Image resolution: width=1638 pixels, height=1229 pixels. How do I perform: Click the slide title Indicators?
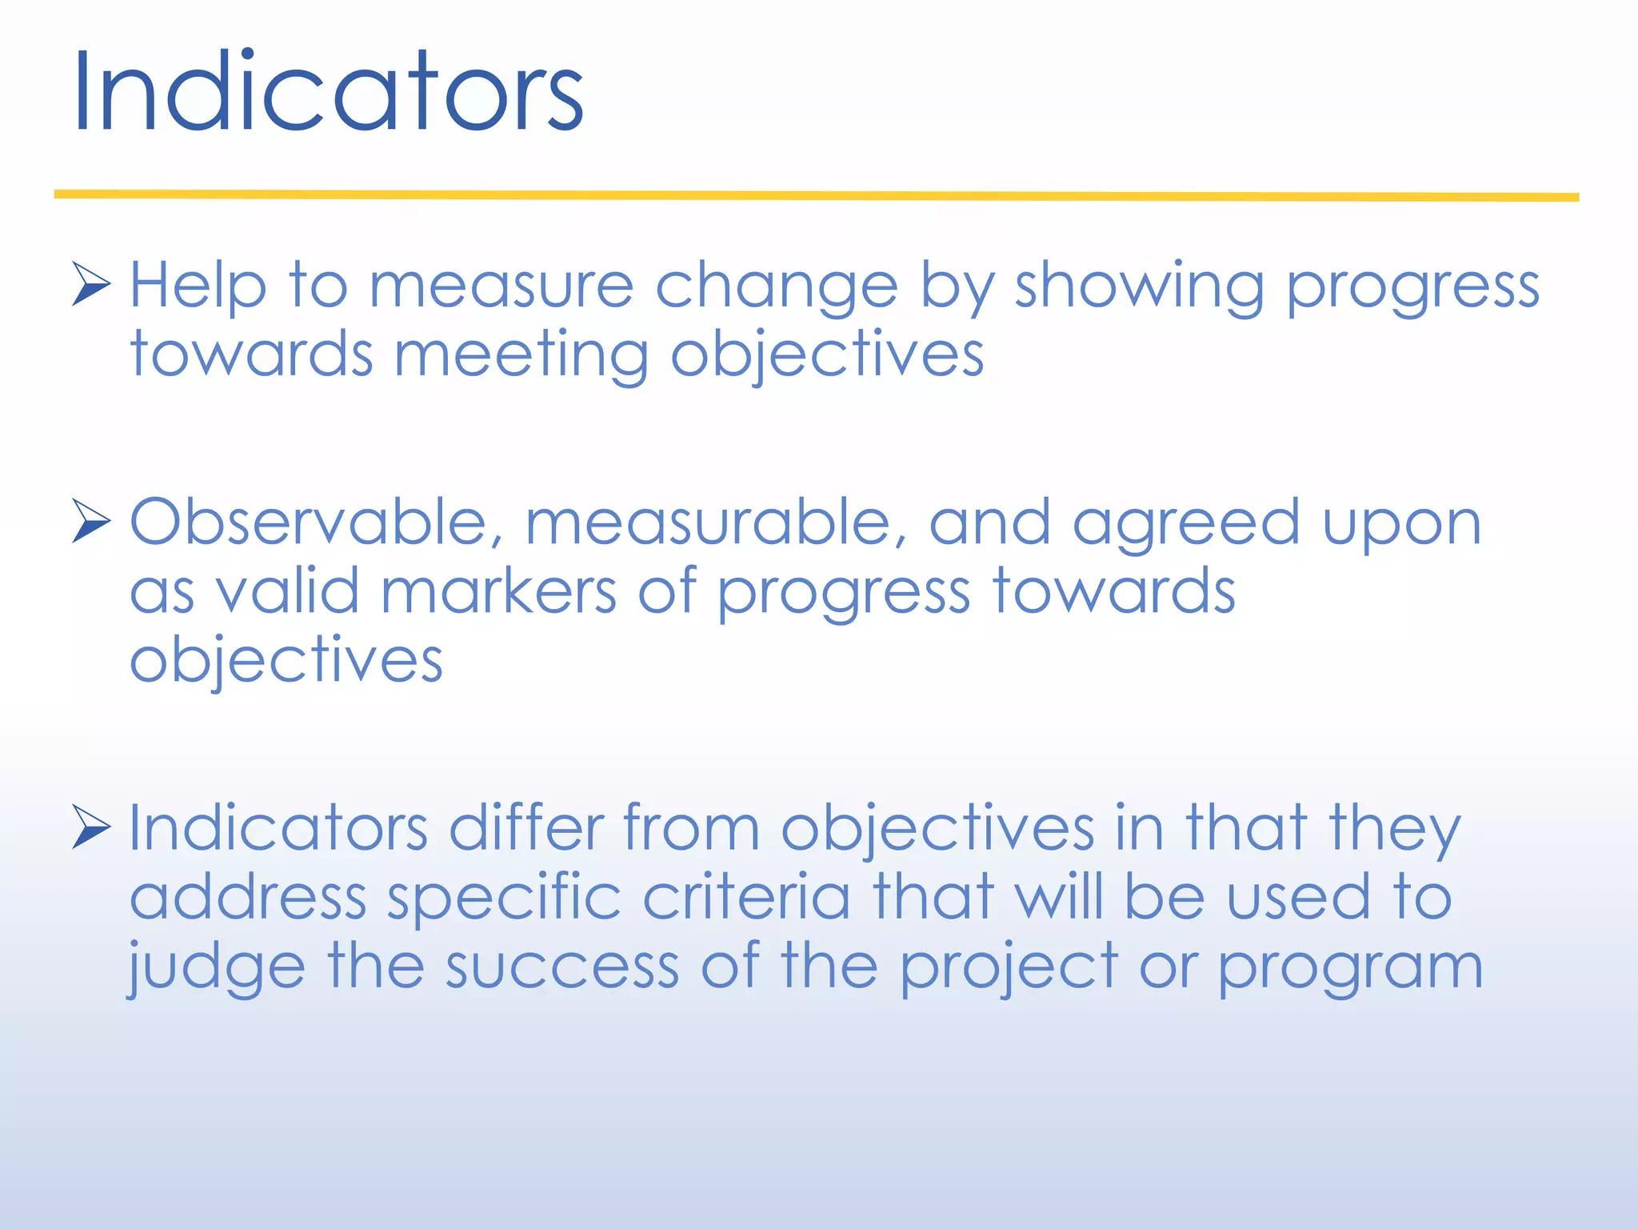328,92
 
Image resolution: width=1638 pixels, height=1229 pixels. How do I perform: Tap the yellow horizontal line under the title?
816,195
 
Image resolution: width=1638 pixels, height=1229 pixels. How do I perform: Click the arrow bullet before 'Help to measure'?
90,284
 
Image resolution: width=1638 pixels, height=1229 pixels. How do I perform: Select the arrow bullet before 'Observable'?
90,521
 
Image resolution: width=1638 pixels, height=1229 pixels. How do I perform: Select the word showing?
1139,286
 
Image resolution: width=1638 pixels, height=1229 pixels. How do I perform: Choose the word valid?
287,591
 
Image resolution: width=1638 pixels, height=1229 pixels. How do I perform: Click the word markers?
497,591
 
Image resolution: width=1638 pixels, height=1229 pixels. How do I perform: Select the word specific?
504,898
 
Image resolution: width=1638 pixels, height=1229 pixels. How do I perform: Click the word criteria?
746,897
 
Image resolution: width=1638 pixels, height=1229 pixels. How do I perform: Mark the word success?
561,967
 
